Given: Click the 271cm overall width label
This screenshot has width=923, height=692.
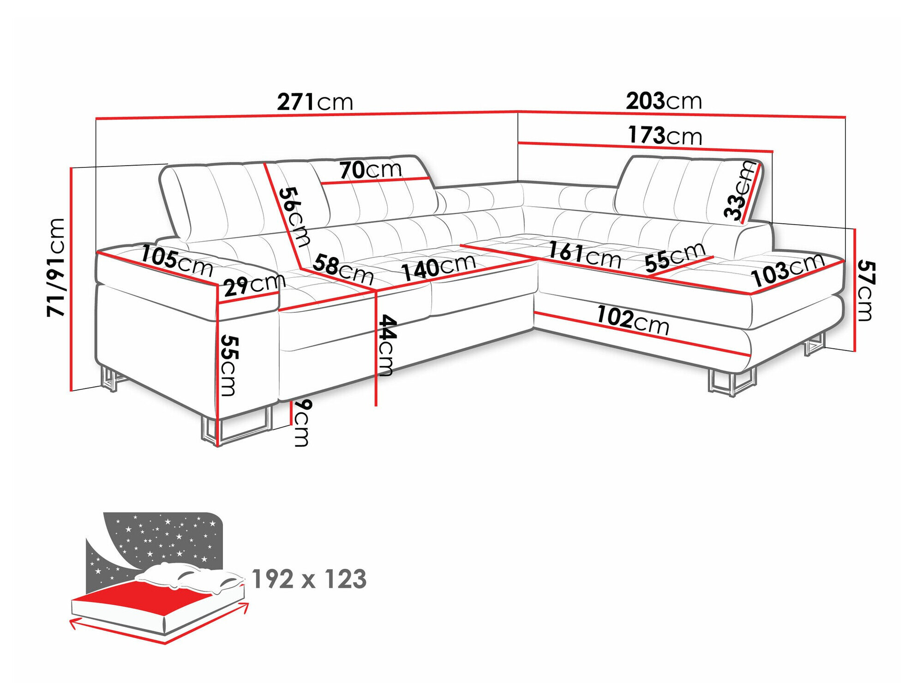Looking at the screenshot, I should (315, 102).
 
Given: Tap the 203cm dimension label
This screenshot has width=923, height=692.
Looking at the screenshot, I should (663, 101).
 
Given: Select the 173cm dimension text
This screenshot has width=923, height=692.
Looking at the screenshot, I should (665, 136).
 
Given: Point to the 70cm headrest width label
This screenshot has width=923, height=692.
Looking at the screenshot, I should (371, 170).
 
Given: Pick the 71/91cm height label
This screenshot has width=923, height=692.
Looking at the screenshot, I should (56, 268).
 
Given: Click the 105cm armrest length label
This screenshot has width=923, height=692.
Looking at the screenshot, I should (176, 261).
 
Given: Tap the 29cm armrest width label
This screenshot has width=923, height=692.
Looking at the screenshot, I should (254, 286).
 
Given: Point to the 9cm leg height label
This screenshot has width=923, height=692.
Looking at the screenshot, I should (302, 422).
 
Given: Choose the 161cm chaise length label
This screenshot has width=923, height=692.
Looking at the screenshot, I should (584, 255).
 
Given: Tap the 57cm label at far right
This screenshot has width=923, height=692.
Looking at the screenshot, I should (866, 291).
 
